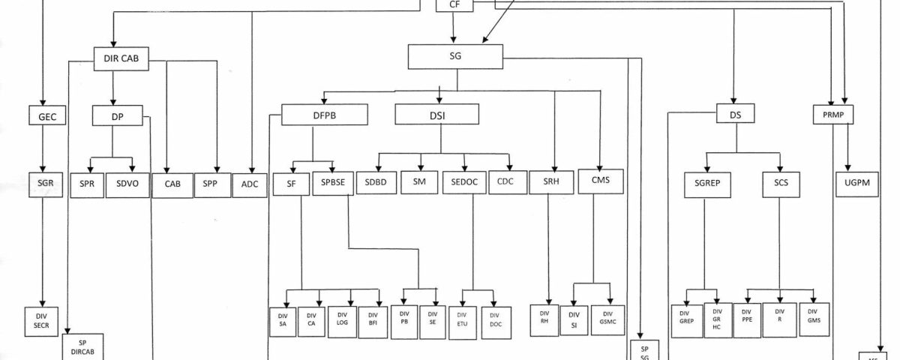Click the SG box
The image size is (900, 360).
(x=456, y=57)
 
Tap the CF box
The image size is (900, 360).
(x=454, y=5)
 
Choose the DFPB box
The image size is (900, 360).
(x=325, y=115)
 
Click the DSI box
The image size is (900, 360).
(x=436, y=114)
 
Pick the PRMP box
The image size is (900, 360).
(x=835, y=115)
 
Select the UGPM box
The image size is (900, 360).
(x=857, y=184)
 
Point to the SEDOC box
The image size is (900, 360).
(x=465, y=184)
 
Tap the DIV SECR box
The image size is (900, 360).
(x=41, y=321)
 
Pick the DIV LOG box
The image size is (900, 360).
(x=342, y=319)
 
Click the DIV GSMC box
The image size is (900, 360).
(x=607, y=319)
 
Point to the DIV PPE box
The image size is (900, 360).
(x=746, y=318)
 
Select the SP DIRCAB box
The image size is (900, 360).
(x=82, y=346)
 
